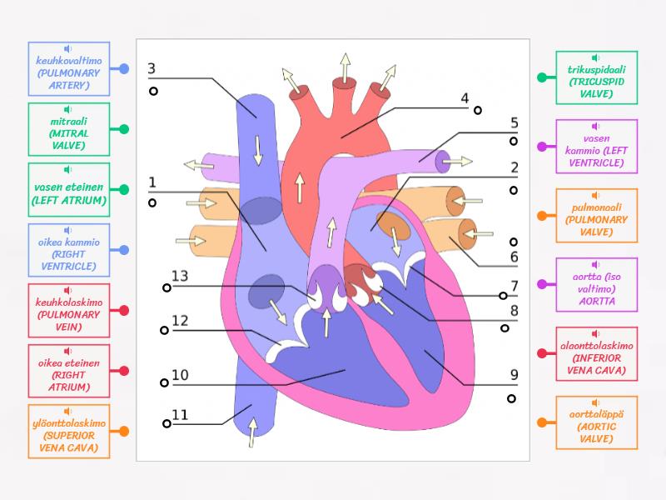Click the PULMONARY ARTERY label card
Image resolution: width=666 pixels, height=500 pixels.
[x=69, y=68]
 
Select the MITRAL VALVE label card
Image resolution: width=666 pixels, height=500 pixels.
[x=69, y=129]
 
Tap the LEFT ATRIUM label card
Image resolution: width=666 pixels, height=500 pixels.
[x=69, y=190]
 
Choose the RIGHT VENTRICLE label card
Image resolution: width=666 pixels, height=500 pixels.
[x=69, y=250]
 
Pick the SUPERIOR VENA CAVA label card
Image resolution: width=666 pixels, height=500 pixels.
[x=69, y=431]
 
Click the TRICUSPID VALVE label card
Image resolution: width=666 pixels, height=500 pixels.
[x=596, y=77]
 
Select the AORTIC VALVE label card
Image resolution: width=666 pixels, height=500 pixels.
[x=596, y=422]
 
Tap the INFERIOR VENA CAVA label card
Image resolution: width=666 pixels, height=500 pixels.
[x=596, y=353]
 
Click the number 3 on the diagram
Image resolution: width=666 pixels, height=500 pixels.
[x=152, y=68]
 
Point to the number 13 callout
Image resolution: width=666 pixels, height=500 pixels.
[x=180, y=276]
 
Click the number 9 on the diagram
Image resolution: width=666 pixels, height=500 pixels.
[x=514, y=374]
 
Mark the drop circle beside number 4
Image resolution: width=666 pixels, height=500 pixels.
[x=478, y=111]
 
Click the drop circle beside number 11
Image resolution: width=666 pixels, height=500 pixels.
[x=167, y=423]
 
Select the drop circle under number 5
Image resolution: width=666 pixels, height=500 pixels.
[x=514, y=141]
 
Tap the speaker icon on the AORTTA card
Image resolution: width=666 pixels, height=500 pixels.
[x=595, y=264]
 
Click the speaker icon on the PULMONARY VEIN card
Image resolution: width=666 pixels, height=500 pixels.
[x=67, y=290]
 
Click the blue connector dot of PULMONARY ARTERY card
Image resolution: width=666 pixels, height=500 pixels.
[x=124, y=68]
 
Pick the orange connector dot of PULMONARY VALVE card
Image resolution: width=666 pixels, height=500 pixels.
[x=542, y=216]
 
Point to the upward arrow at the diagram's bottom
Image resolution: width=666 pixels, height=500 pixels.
[x=252, y=432]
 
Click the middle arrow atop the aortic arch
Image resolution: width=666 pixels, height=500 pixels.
[x=345, y=67]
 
